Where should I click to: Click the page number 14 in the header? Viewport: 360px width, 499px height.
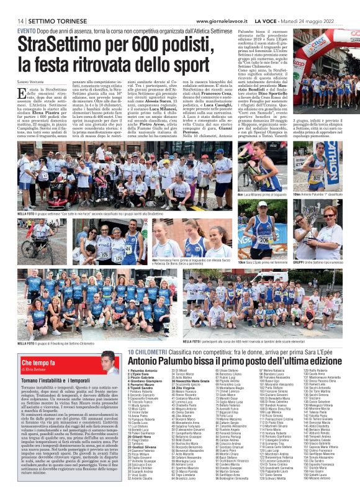[x=20, y=21]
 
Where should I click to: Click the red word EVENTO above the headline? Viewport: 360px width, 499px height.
[x=26, y=30]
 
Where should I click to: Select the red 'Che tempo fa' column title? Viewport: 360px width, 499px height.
[x=38, y=362]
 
